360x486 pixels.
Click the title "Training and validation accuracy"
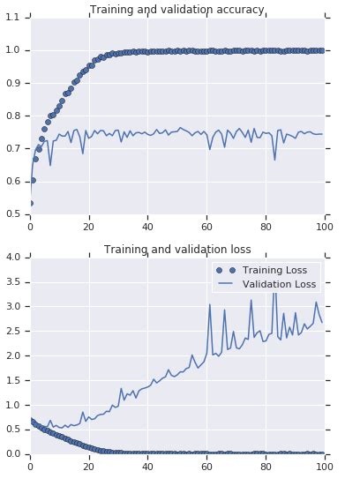[177, 10]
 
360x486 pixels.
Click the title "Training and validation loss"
[177, 250]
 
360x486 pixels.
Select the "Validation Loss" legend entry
[266, 284]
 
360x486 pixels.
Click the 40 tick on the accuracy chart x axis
[148, 224]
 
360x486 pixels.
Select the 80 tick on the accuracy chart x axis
[266, 224]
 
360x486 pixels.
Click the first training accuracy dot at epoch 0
[31, 203]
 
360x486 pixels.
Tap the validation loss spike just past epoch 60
[210, 305]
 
